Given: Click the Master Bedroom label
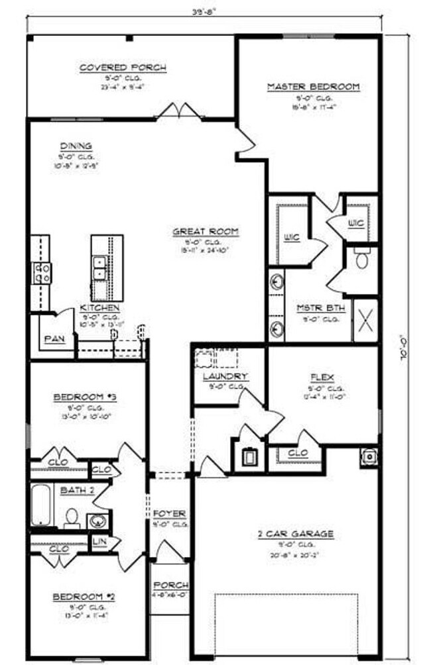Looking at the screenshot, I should coord(313,87).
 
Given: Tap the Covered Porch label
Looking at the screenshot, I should coord(123,68).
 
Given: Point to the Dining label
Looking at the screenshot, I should coord(76,146).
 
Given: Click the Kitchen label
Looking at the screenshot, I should coord(99,309).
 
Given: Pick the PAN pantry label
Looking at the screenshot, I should coord(53,338).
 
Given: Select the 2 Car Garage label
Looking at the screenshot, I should coord(295,533).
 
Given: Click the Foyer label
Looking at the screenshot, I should coord(169,513).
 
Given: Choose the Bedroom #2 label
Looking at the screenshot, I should coord(84,597).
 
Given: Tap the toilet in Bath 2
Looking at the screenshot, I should coord(72,518).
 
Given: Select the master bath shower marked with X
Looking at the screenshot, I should coord(365,320).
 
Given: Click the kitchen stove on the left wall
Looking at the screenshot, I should coord(41,273).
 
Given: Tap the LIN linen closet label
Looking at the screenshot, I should coord(99,542).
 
